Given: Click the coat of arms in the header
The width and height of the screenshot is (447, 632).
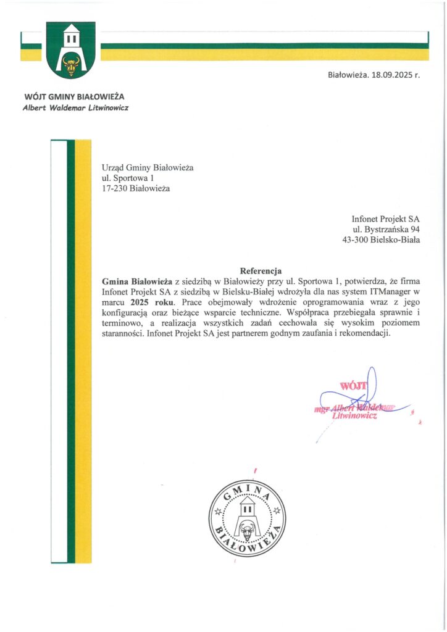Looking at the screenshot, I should click(70, 49).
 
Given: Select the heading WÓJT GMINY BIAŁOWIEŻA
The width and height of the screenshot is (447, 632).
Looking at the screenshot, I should click(74, 97).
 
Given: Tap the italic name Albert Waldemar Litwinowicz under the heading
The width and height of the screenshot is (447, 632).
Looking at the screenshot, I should click(75, 107).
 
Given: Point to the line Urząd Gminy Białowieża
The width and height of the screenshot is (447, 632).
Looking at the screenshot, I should click(148, 167).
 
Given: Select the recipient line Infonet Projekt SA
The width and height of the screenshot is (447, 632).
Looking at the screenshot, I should click(385, 218).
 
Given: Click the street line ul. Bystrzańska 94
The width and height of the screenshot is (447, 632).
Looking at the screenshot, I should click(386, 230).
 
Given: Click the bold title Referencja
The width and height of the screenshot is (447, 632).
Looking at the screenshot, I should click(261, 270).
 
